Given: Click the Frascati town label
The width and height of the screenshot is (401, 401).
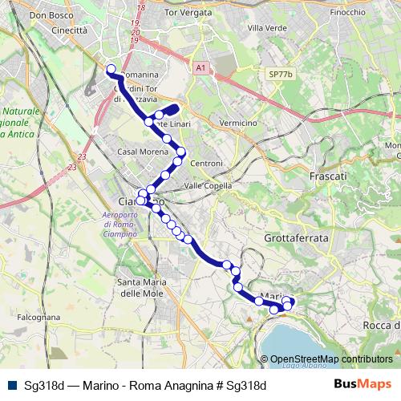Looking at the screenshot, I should pos(328,175).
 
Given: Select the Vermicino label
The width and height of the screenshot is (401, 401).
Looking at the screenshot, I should pos(237,123).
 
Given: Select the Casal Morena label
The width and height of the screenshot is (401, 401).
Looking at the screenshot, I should pos(142,152).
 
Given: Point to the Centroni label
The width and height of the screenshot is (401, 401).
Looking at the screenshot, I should pos(206,164).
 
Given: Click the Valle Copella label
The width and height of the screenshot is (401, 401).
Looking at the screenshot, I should pos(208,185).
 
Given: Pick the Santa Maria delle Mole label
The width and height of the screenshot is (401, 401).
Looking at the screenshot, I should pos(142,286).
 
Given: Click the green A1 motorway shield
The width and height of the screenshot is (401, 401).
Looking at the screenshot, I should pos(201,69).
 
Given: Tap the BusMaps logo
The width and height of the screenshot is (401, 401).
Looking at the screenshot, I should pos(369,384).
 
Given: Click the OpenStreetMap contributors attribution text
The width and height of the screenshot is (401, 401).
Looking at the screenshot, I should pos(331,359).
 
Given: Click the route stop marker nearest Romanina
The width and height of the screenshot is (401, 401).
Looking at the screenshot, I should pos(111,69).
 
